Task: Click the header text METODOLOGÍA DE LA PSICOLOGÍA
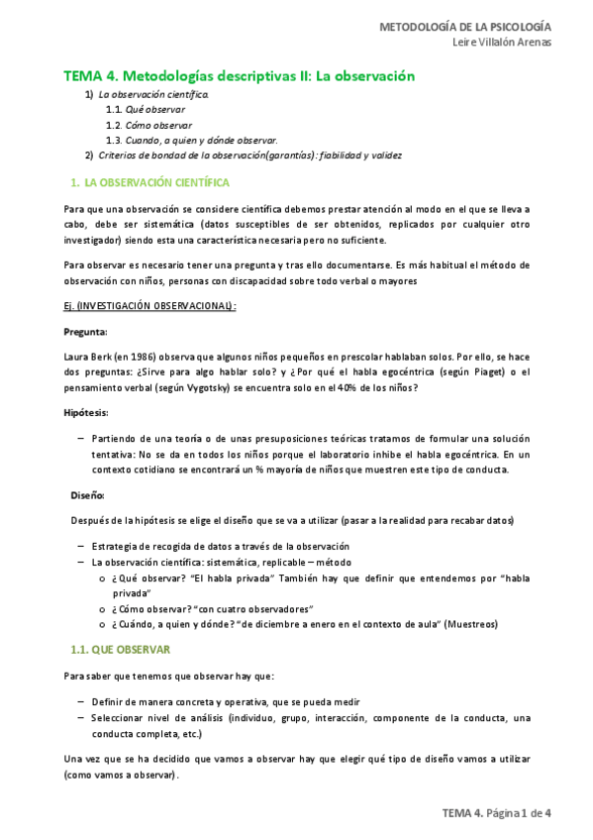tap(466, 26)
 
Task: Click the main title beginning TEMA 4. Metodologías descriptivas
tap(239, 75)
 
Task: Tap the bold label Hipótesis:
tap(86, 412)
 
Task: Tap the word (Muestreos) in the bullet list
tap(471, 624)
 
